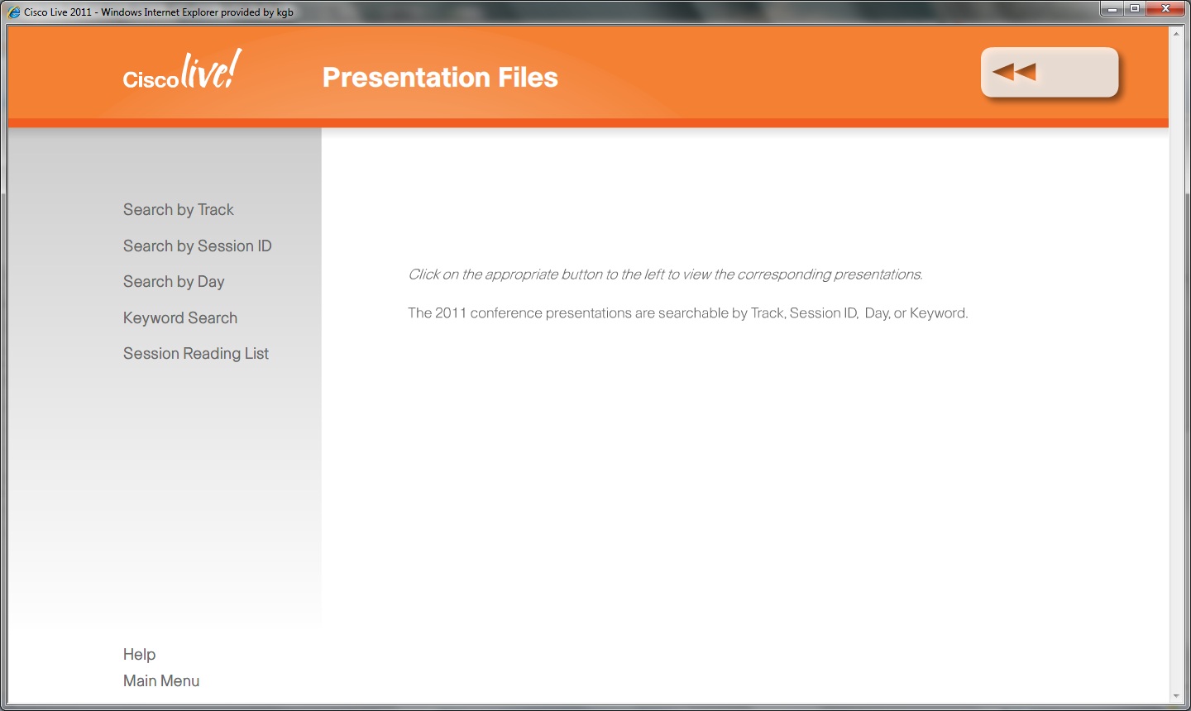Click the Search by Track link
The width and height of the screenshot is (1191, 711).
[178, 210]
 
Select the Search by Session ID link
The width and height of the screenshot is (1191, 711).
[197, 246]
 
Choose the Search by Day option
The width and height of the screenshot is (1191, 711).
[174, 282]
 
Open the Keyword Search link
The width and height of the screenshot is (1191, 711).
[180, 317]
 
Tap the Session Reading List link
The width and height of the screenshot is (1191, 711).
[196, 353]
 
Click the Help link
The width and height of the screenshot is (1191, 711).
[139, 654]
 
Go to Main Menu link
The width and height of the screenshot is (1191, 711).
[161, 680]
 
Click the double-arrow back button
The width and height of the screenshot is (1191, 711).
[1050, 72]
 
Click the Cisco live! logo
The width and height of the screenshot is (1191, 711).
[182, 69]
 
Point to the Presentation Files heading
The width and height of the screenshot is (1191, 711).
[440, 77]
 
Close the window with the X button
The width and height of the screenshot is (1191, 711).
[1165, 8]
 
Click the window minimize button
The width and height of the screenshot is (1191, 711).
[1112, 9]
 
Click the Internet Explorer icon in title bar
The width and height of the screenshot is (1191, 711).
[14, 12]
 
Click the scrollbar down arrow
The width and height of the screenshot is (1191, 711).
[1175, 695]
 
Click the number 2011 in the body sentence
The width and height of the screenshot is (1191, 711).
[450, 313]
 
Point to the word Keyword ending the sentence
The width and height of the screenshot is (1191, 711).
[937, 313]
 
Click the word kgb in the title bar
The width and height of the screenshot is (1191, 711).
[285, 12]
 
